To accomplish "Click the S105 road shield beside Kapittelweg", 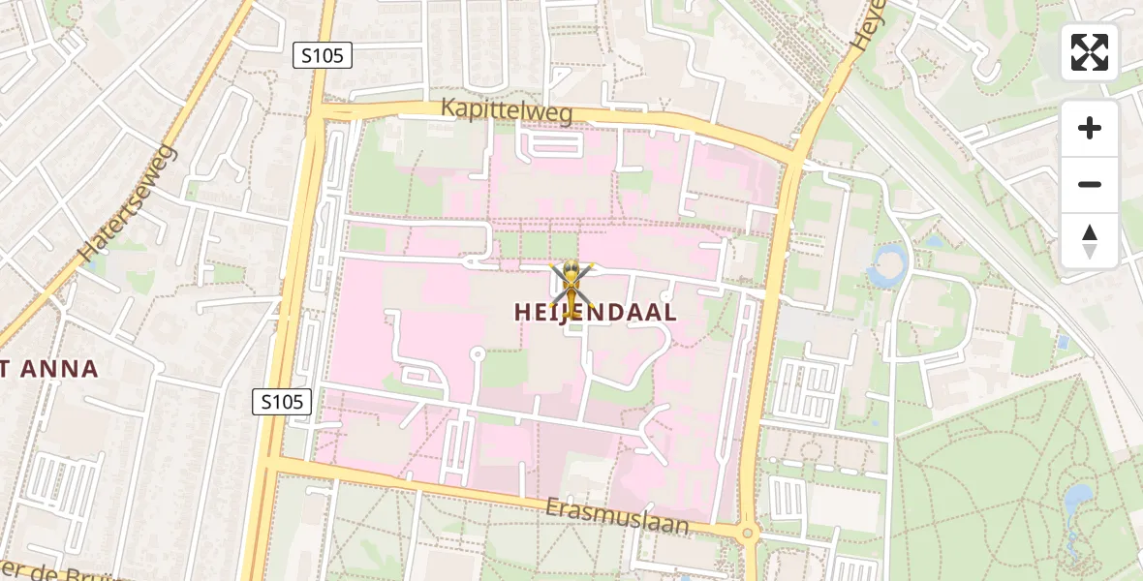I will point(322,56).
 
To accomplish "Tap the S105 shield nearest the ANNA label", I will point(283,401).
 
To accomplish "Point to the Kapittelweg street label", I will point(507,109).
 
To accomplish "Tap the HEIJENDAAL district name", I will point(595,312).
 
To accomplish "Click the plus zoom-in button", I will point(1090,128).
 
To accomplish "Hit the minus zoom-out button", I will point(1090,184).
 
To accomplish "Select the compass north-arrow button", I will point(1090,240).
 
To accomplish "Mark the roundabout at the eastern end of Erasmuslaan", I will point(747,534).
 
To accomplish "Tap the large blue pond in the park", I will point(1076,505).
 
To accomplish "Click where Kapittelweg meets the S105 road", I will point(317,114).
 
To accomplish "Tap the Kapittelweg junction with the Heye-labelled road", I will point(796,155).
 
